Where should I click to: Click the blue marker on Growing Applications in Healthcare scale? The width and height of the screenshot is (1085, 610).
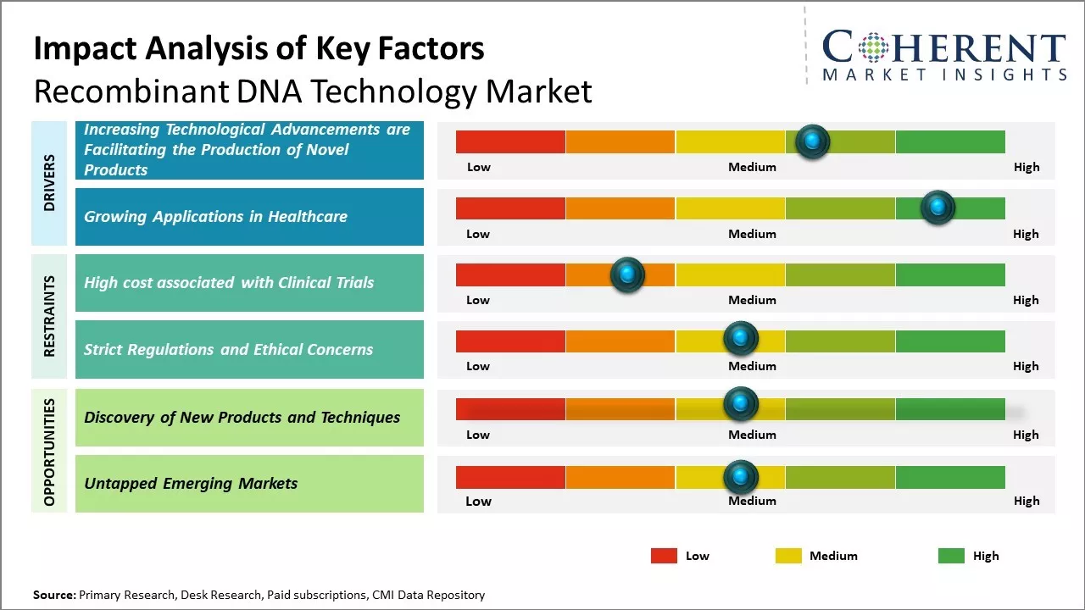938,208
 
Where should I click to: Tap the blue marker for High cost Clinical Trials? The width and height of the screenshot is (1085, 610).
627,274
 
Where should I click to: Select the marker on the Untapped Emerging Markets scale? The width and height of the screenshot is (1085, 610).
741,478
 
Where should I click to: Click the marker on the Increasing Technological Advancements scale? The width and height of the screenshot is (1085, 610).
813,141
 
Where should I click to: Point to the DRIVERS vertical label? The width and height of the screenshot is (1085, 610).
49,183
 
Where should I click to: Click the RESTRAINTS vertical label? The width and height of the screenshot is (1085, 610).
49,316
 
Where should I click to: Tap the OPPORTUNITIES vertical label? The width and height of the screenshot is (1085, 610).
49,452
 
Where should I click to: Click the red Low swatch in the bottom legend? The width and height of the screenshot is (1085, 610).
664,556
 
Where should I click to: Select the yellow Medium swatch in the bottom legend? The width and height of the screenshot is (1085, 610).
788,556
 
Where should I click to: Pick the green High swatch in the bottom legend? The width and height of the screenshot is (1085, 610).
951,556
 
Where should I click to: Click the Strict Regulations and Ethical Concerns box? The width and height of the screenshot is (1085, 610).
249,349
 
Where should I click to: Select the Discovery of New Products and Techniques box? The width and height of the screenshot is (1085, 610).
249,417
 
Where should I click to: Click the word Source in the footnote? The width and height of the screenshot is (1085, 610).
54,595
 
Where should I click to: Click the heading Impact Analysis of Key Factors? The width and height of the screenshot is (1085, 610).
259,49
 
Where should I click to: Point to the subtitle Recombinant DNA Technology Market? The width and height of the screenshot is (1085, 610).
312,91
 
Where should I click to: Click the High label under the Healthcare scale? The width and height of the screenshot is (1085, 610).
1026,234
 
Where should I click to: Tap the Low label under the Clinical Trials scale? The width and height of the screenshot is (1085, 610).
478,300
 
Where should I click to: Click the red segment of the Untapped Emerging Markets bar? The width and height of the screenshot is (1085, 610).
510,477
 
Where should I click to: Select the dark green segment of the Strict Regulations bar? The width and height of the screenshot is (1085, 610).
949,341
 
